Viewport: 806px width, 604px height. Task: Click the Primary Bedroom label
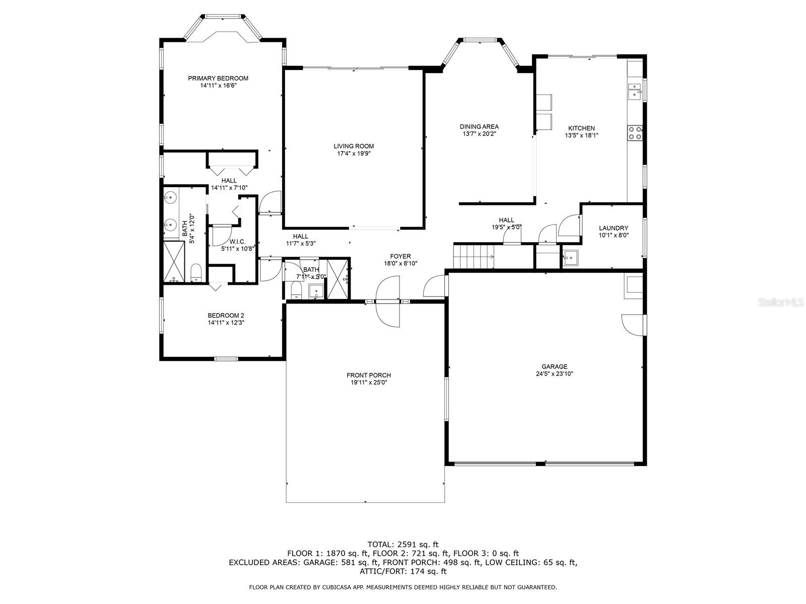(x=218, y=78)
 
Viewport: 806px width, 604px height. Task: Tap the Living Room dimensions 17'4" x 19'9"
(x=354, y=154)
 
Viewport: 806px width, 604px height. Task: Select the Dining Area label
(x=479, y=127)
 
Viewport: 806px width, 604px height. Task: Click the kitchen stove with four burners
(x=635, y=133)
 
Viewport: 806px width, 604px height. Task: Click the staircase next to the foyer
(x=473, y=256)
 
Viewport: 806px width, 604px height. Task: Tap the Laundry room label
(x=614, y=228)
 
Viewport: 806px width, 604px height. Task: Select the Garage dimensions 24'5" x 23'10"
(x=554, y=374)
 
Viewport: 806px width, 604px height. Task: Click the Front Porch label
(x=368, y=375)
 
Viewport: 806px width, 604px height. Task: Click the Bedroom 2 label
(x=226, y=316)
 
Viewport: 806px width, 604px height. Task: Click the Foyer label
(x=400, y=256)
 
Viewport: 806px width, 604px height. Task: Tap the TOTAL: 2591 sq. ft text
(x=402, y=544)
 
